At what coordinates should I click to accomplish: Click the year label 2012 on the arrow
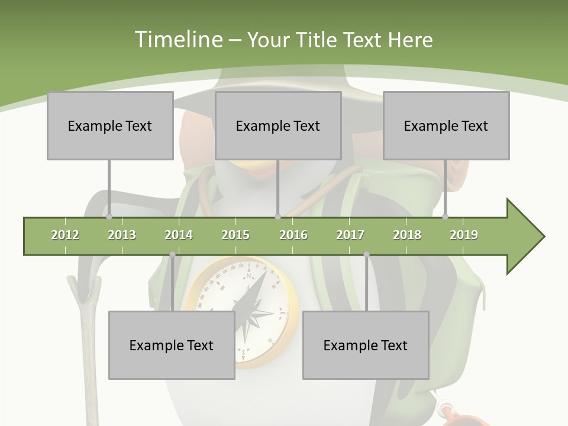tap(65, 235)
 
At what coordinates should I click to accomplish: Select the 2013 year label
tap(122, 235)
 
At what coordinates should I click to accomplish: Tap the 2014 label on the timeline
tap(179, 235)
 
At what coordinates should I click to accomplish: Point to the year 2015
tap(235, 235)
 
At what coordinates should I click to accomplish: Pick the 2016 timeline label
tap(293, 235)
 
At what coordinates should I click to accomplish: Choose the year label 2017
tap(350, 235)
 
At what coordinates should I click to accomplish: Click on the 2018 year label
tap(407, 235)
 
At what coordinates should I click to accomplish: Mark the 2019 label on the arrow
tap(464, 235)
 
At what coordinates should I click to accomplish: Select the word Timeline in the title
tap(178, 40)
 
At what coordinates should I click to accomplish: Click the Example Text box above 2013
tap(110, 125)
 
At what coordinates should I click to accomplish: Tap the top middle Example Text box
tap(278, 125)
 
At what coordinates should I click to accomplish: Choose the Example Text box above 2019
tap(446, 125)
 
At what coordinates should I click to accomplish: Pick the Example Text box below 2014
tap(172, 345)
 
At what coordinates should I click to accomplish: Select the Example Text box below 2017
tap(366, 345)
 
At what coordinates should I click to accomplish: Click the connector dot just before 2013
tap(109, 217)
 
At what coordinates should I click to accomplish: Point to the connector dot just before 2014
tap(172, 254)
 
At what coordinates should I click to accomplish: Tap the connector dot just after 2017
tap(366, 254)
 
